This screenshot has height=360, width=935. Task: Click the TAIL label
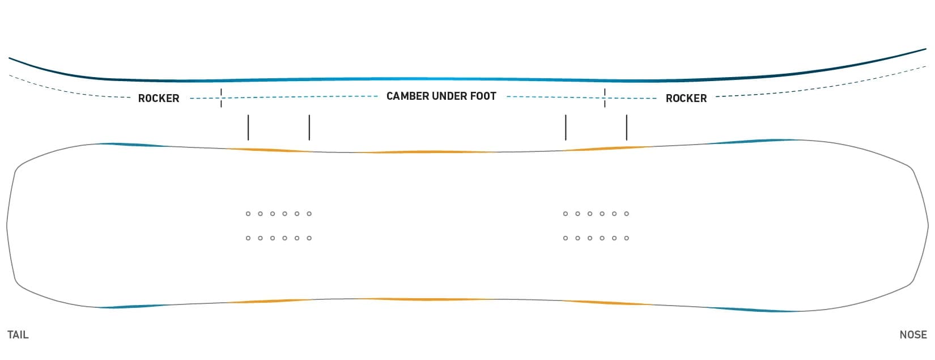click(18, 335)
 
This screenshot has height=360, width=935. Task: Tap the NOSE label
click(913, 335)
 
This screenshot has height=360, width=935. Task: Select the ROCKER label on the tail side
click(159, 99)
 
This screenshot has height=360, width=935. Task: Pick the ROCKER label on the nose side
click(686, 99)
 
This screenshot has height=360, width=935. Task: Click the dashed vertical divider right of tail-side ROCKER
click(221, 98)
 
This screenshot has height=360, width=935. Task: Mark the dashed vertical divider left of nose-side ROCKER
click(605, 98)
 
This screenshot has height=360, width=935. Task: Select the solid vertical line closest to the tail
click(248, 128)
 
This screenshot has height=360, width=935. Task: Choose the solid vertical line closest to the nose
click(627, 128)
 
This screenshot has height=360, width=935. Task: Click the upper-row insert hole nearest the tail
click(248, 214)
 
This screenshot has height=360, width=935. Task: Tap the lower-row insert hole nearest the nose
click(627, 238)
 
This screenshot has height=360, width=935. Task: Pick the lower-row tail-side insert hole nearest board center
click(309, 238)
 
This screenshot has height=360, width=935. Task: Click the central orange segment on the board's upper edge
click(426, 152)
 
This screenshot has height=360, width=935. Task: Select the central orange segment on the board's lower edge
click(426, 299)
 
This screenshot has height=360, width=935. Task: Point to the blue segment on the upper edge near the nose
click(751, 141)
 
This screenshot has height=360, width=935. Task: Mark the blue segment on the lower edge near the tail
click(134, 306)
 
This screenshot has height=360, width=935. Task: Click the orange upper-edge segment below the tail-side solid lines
click(269, 150)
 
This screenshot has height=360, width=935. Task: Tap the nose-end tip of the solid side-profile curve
click(926, 49)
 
